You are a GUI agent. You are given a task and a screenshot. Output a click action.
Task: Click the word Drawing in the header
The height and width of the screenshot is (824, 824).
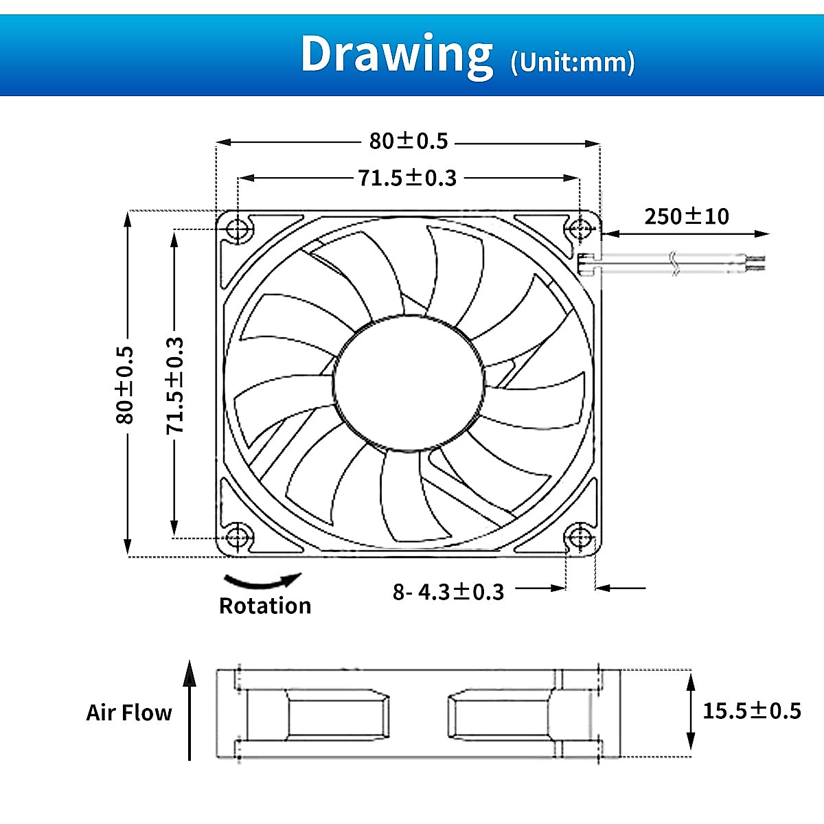[x=396, y=54]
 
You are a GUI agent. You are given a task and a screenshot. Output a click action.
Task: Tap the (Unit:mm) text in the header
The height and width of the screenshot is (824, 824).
[x=573, y=62]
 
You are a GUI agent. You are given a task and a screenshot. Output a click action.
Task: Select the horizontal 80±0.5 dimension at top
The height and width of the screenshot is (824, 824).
[x=409, y=141]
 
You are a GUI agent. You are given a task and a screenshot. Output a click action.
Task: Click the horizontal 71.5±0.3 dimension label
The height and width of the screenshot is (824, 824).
[x=407, y=178]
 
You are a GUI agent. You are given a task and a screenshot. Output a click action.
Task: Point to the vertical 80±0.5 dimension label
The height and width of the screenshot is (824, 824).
[x=125, y=385]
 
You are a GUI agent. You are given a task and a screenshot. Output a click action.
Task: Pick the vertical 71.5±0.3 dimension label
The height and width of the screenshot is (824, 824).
[x=175, y=385]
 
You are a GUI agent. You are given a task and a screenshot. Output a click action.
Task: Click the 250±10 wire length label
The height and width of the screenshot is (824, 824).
[x=687, y=216]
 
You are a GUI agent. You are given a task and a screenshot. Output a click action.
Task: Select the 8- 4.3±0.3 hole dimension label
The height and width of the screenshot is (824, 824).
[x=448, y=591]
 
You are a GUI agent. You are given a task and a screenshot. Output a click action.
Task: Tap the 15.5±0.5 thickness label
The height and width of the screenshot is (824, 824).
[x=752, y=710]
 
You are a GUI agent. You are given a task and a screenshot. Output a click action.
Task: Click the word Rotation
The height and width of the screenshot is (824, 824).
[x=265, y=606]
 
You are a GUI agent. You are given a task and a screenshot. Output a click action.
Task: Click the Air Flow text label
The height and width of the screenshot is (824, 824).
[x=129, y=713]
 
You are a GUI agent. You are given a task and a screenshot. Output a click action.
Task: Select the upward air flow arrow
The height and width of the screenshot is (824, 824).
[x=190, y=711]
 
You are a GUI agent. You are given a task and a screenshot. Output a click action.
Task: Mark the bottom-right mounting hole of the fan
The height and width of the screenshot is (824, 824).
[x=579, y=536]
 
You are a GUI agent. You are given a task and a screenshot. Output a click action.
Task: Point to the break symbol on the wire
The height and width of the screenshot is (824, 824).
[x=674, y=264]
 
